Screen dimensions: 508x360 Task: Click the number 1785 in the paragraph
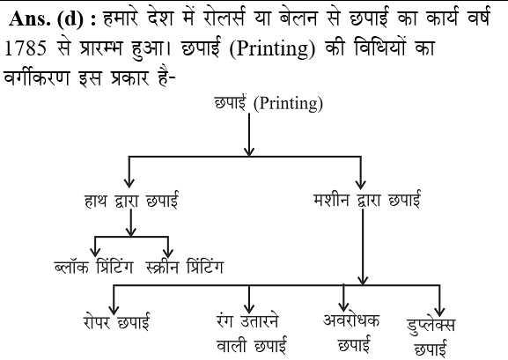click(25, 48)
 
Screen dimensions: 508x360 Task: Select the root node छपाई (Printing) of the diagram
click(269, 103)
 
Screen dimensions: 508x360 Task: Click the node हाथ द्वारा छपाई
click(131, 200)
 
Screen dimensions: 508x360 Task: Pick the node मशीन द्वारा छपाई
click(367, 199)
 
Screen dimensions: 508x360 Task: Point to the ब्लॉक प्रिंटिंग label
click(94, 268)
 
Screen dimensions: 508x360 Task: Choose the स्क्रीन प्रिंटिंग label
click(184, 268)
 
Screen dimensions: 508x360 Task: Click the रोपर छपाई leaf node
click(116, 321)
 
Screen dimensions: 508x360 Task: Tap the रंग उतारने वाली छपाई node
click(252, 333)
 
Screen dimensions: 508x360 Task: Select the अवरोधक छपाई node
click(351, 332)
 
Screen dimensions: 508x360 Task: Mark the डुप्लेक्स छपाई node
click(431, 337)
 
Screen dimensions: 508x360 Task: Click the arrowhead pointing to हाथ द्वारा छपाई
click(129, 182)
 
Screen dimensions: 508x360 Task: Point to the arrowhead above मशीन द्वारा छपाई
click(361, 184)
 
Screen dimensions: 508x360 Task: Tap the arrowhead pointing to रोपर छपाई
click(114, 309)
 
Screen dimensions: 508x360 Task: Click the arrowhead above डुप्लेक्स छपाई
click(439, 311)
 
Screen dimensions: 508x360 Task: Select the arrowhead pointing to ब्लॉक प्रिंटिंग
click(95, 252)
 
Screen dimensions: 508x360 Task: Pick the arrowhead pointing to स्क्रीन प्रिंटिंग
click(168, 253)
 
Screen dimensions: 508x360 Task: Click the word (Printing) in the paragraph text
click(272, 49)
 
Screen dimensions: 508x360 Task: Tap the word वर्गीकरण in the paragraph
click(37, 77)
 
